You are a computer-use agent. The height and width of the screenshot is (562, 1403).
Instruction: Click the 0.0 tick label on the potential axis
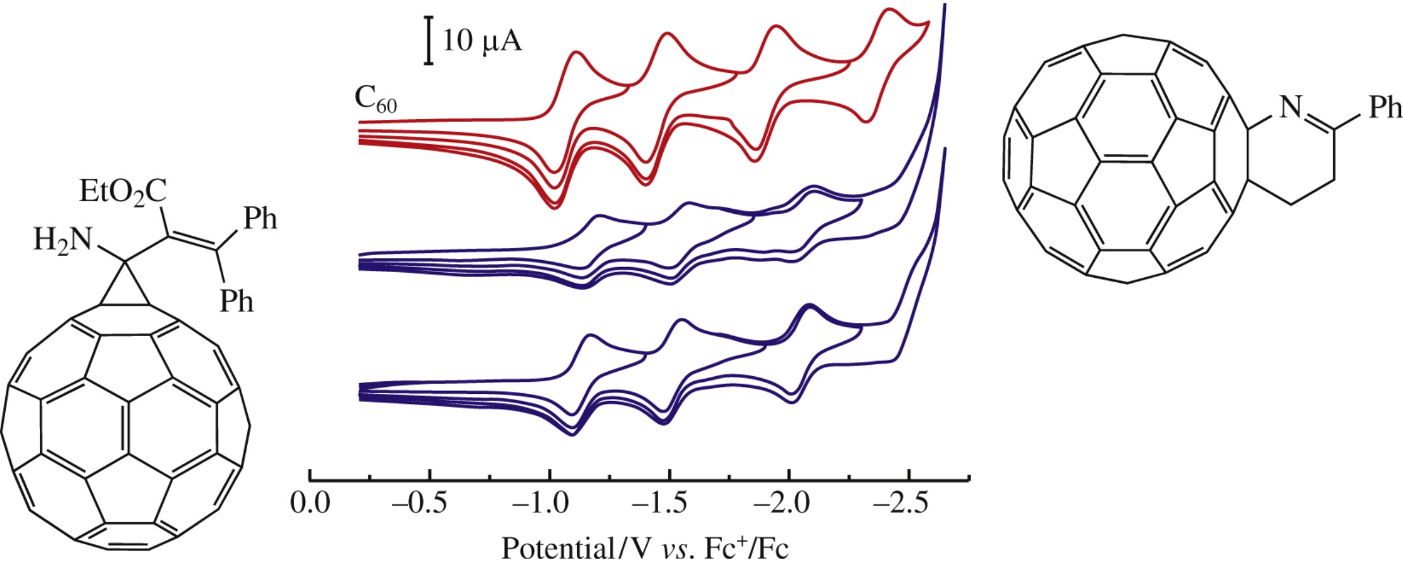point(310,504)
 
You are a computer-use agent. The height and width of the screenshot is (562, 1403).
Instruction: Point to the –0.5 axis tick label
point(419,504)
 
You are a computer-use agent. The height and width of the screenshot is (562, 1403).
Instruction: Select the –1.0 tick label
point(540,504)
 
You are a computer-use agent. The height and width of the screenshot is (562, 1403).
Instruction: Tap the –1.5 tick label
point(660,504)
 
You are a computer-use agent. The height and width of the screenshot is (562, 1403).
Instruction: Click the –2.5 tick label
point(900,504)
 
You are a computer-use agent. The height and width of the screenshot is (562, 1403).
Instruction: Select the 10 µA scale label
point(482,41)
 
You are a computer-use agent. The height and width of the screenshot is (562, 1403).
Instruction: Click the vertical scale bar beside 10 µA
point(429,41)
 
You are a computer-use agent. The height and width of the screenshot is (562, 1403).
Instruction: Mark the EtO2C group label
point(123,191)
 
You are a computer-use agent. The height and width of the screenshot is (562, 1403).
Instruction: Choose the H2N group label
point(62,240)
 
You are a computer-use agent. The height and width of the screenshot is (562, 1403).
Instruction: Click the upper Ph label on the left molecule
point(261,219)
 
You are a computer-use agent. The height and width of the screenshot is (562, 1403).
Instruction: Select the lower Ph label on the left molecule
point(236,301)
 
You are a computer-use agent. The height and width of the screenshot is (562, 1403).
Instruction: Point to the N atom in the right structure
point(1290,107)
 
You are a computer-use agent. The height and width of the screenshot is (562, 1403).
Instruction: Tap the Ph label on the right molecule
point(1385,107)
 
